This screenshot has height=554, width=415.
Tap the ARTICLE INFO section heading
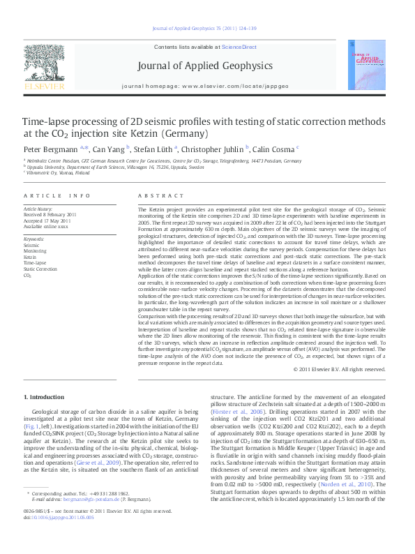[x=57, y=197]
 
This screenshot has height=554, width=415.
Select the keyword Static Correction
[x=40, y=269]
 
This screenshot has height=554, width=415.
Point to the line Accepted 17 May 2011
[x=48, y=220]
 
